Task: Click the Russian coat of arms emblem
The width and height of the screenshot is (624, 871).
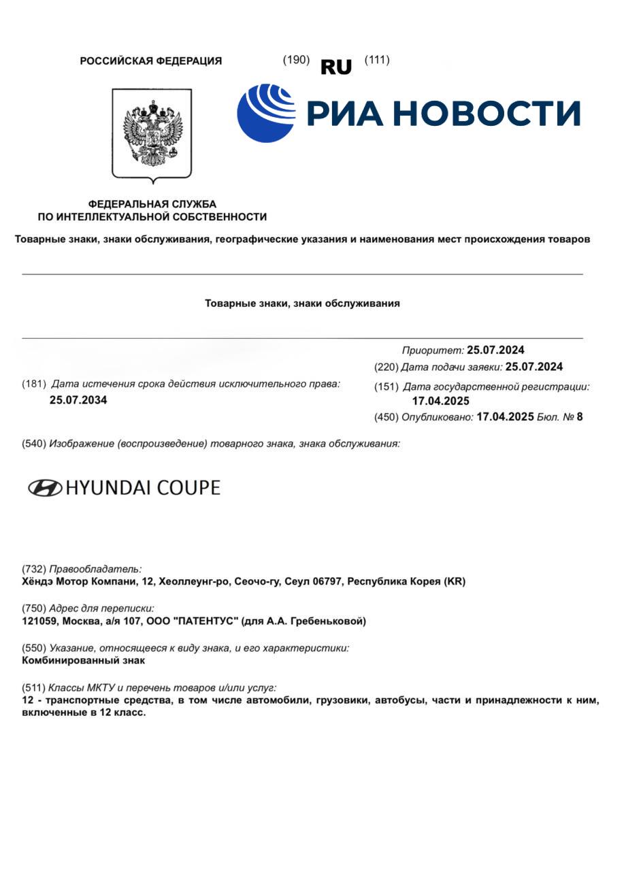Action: pyautogui.click(x=152, y=134)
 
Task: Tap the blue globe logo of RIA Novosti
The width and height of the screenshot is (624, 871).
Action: pyautogui.click(x=266, y=113)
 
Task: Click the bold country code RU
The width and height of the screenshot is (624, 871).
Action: pyautogui.click(x=335, y=67)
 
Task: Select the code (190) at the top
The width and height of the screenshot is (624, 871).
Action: pyautogui.click(x=296, y=60)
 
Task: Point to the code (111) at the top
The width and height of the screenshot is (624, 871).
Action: pyautogui.click(x=377, y=60)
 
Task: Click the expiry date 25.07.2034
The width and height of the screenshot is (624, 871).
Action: pyautogui.click(x=78, y=400)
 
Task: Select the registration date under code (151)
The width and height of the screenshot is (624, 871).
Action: pyautogui.click(x=440, y=401)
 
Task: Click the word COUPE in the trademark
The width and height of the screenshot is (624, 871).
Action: pyautogui.click(x=188, y=488)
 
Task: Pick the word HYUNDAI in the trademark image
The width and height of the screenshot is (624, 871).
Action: pyautogui.click(x=110, y=488)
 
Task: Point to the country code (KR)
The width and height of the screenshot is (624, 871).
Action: pyautogui.click(x=454, y=582)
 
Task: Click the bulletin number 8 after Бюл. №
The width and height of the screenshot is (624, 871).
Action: pyautogui.click(x=579, y=417)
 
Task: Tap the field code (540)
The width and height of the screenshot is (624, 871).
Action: pyautogui.click(x=35, y=444)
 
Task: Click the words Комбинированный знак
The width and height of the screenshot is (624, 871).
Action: pyautogui.click(x=84, y=661)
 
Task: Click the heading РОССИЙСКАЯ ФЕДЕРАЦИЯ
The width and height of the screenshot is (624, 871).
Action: pyautogui.click(x=151, y=61)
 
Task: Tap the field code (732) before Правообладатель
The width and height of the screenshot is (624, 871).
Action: pyautogui.click(x=35, y=569)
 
